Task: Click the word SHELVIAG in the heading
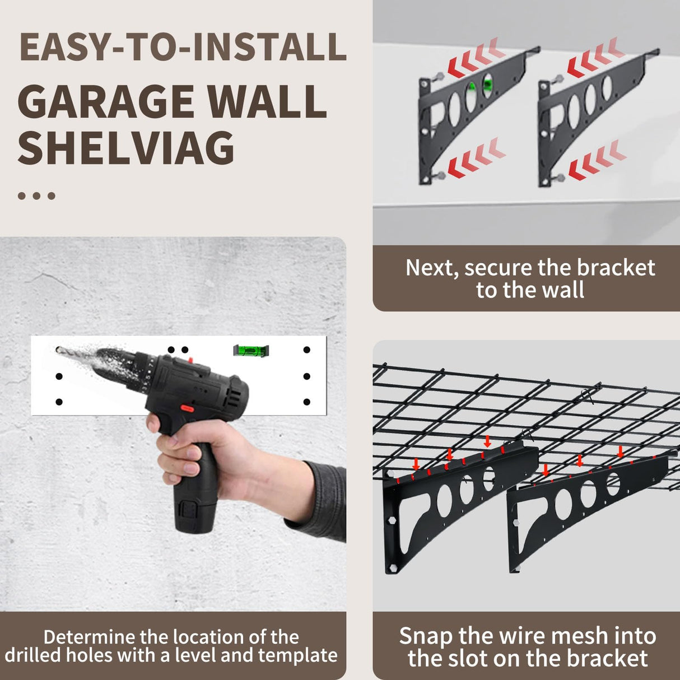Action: [126, 148]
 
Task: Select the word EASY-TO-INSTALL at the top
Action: [183, 48]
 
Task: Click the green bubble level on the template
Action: [250, 351]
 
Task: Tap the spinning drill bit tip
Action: [61, 351]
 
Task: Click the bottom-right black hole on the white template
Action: [306, 402]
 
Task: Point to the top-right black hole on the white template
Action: [306, 350]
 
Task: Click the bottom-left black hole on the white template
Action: [59, 402]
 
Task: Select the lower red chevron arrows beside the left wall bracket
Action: [476, 158]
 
